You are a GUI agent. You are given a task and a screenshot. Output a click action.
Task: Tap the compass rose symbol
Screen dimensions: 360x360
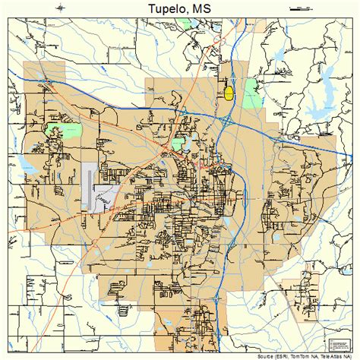(x=61, y=8)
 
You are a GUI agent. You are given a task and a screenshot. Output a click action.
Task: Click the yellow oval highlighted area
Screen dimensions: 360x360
(x=228, y=93)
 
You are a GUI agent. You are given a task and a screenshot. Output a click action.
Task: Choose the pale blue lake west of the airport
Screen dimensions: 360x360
(x=28, y=165)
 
